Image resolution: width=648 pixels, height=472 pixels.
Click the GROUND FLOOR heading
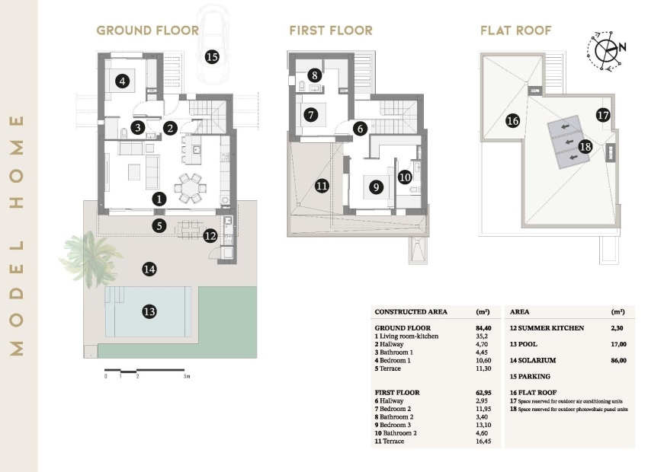(x=147, y=30)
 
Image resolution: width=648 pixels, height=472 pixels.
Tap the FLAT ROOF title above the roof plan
(x=516, y=30)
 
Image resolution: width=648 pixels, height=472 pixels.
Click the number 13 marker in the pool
(x=149, y=311)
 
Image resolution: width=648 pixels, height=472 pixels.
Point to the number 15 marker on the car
(x=211, y=56)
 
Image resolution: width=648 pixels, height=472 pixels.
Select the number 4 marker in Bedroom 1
(x=120, y=79)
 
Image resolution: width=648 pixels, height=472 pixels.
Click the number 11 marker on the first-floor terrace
(x=322, y=185)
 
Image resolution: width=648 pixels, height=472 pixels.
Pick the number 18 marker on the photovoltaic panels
(x=585, y=146)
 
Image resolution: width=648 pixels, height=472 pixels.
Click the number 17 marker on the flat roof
(x=603, y=116)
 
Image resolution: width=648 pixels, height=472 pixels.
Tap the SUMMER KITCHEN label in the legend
(x=547, y=327)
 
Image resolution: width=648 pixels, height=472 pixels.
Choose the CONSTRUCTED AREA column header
(x=411, y=312)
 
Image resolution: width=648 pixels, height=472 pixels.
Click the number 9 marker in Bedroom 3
(x=375, y=186)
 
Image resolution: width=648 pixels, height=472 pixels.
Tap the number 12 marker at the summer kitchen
(x=210, y=236)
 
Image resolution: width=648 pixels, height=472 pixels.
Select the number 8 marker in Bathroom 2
(x=315, y=76)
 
